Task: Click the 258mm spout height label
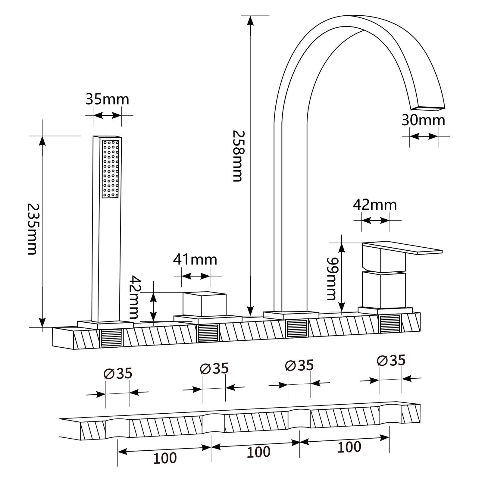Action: click(237, 156)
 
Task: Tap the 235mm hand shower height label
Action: click(32, 229)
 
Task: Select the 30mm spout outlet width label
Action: click(423, 120)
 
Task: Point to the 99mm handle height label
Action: click(331, 279)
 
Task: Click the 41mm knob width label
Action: click(195, 260)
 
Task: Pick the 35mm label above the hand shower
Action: click(107, 99)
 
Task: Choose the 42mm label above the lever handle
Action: click(375, 205)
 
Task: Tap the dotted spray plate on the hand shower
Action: click(111, 169)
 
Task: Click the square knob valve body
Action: click(204, 304)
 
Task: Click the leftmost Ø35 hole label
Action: click(118, 374)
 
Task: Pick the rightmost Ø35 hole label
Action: click(391, 360)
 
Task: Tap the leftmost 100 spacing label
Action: click(165, 458)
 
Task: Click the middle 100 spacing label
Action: click(258, 452)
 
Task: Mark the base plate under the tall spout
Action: click(291, 315)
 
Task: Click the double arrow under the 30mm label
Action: click(424, 136)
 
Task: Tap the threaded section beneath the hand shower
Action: click(111, 337)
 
